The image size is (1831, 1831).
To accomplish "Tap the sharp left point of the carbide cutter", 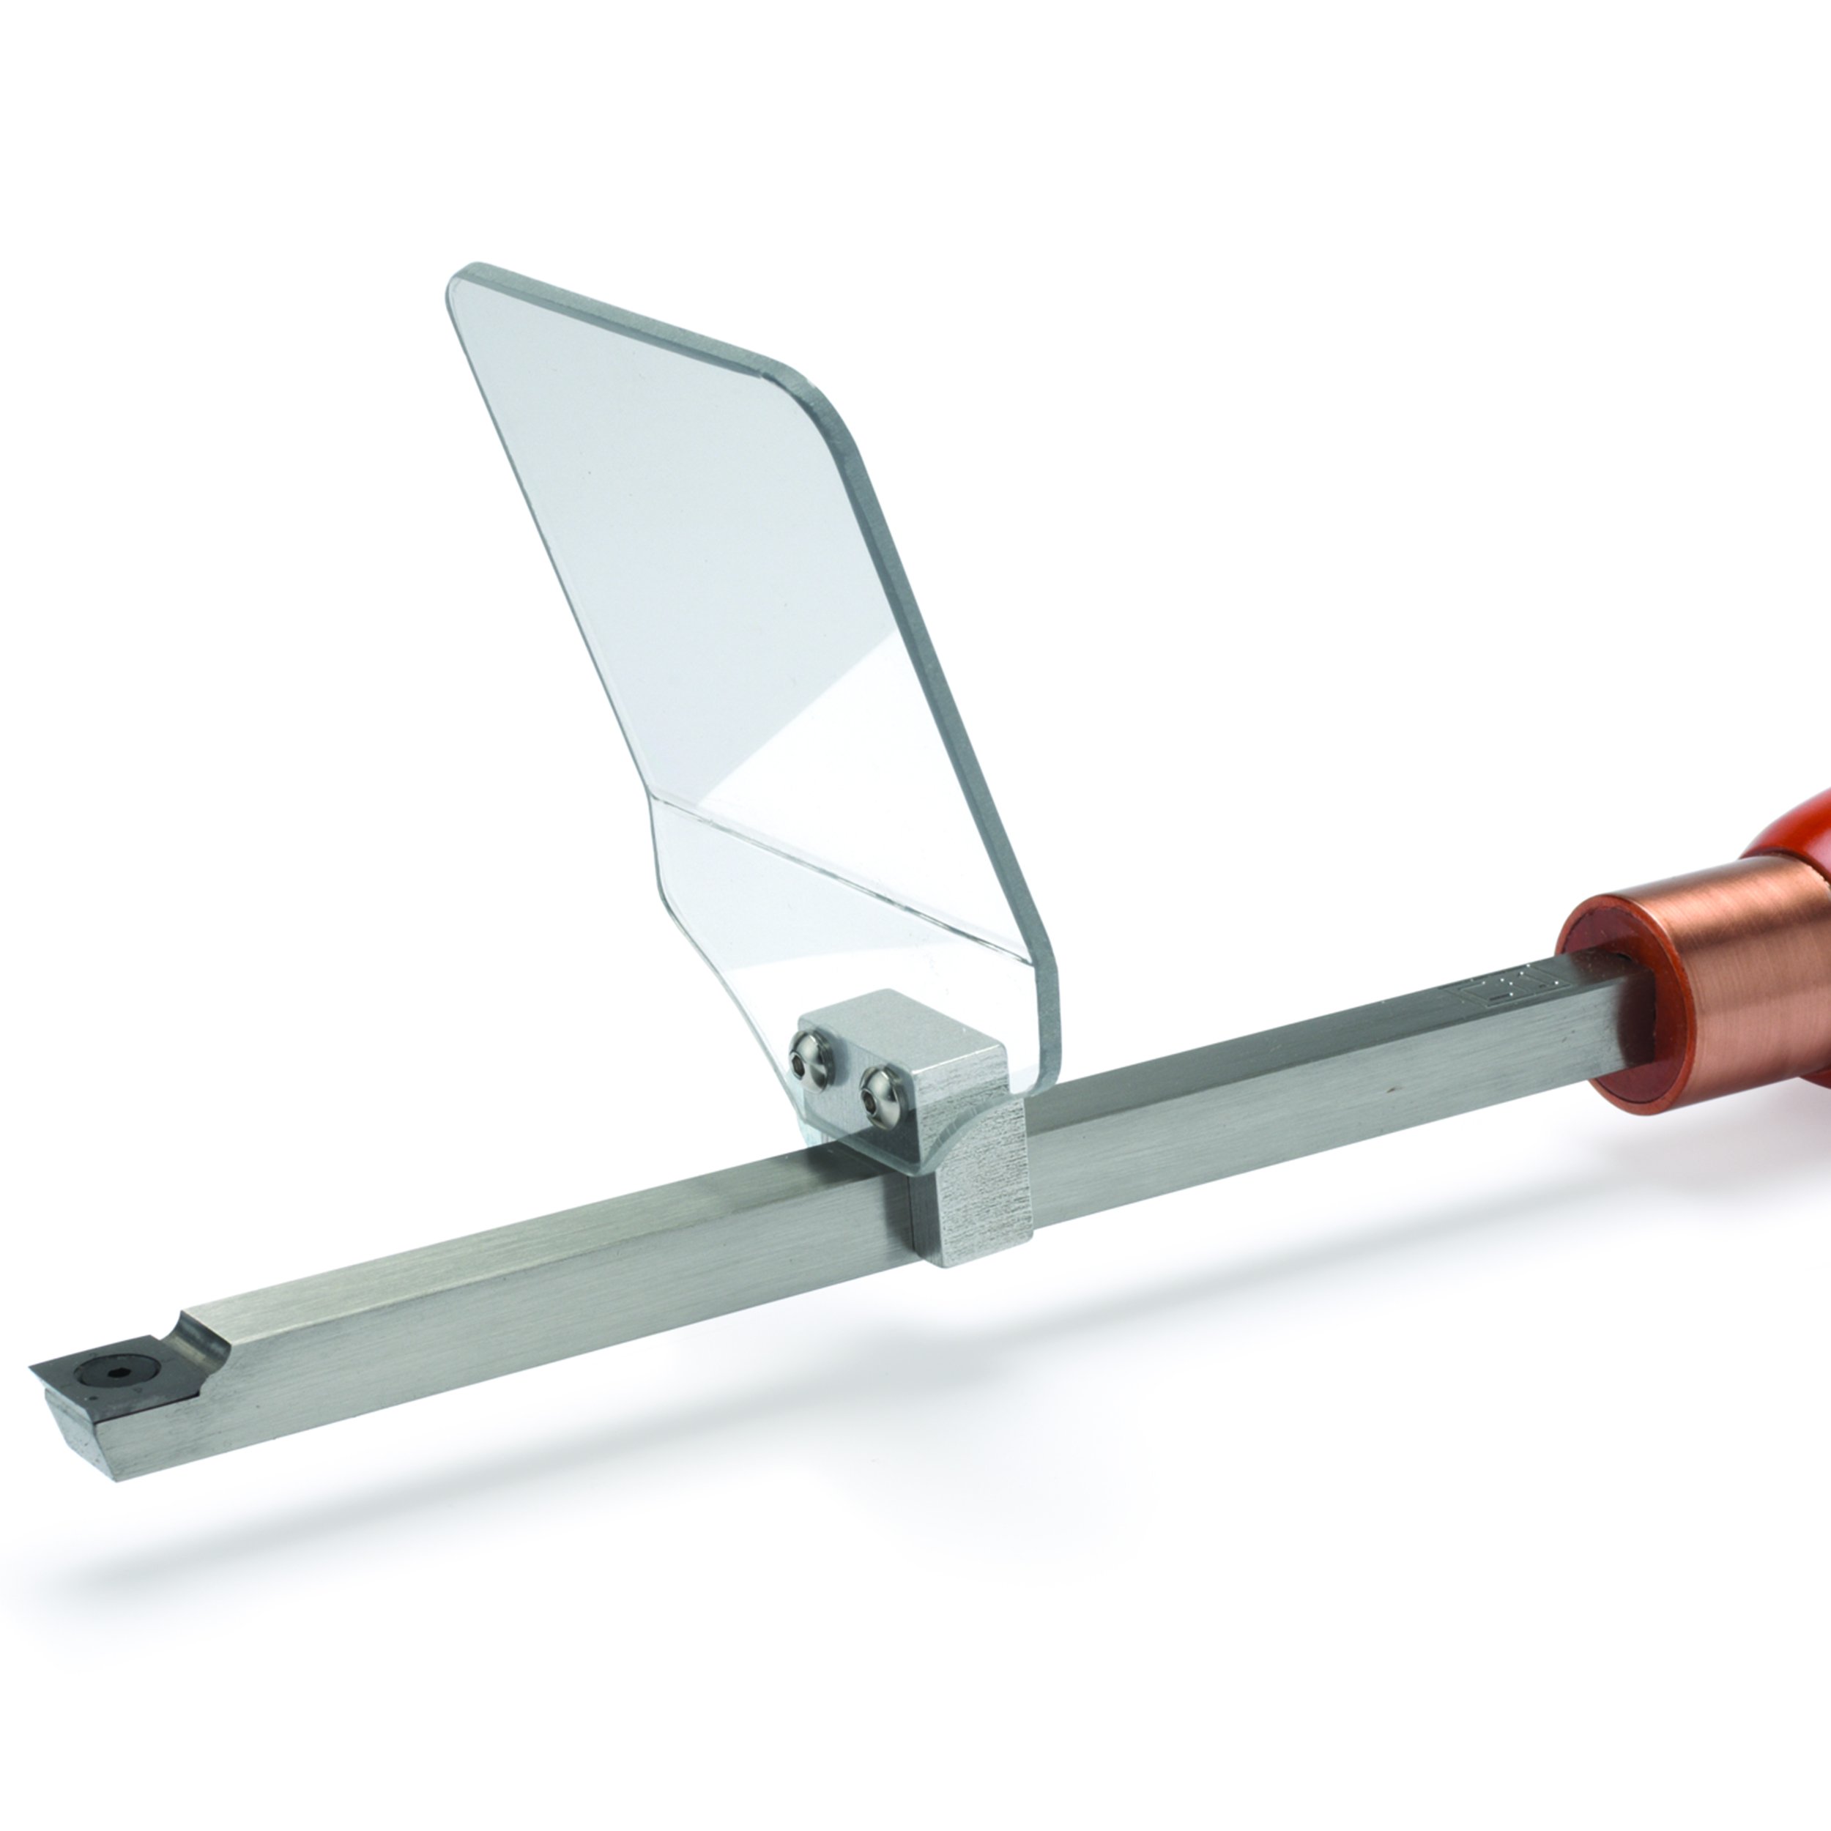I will (34, 1367).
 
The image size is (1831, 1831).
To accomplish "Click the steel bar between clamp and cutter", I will (568, 1260).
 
